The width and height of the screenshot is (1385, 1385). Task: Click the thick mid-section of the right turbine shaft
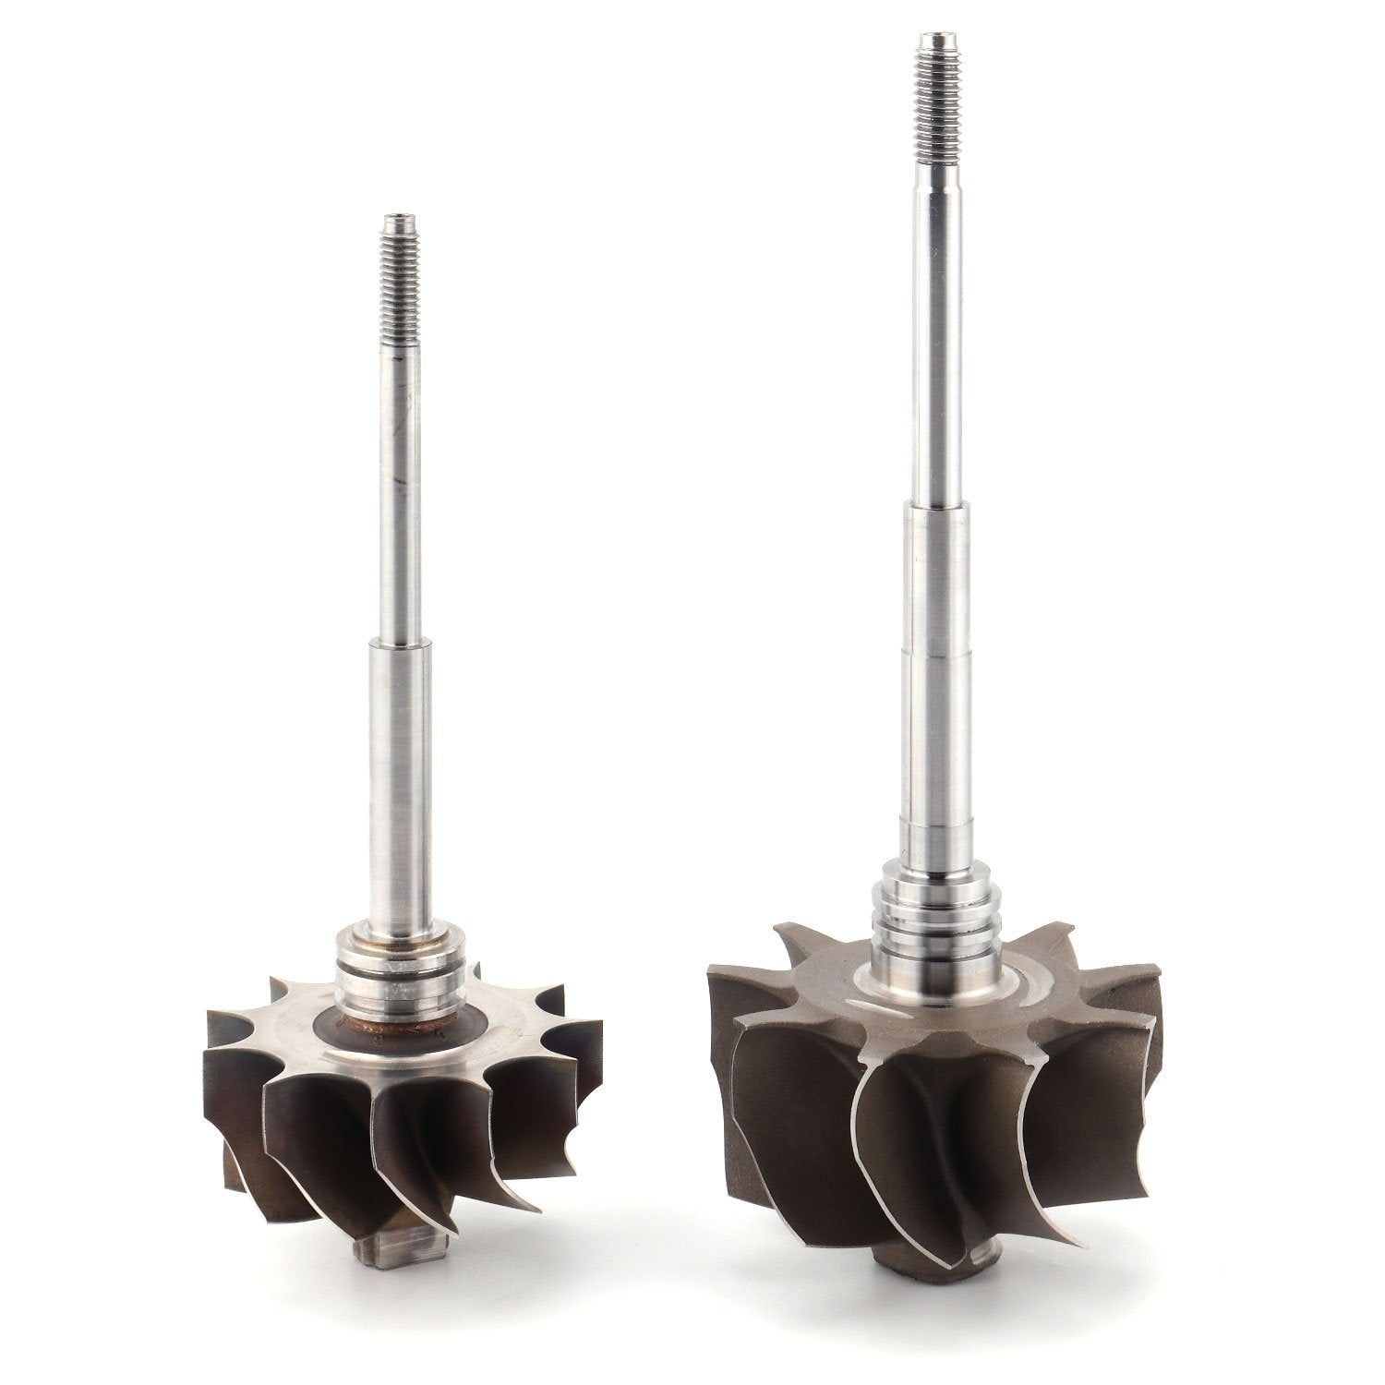933,702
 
